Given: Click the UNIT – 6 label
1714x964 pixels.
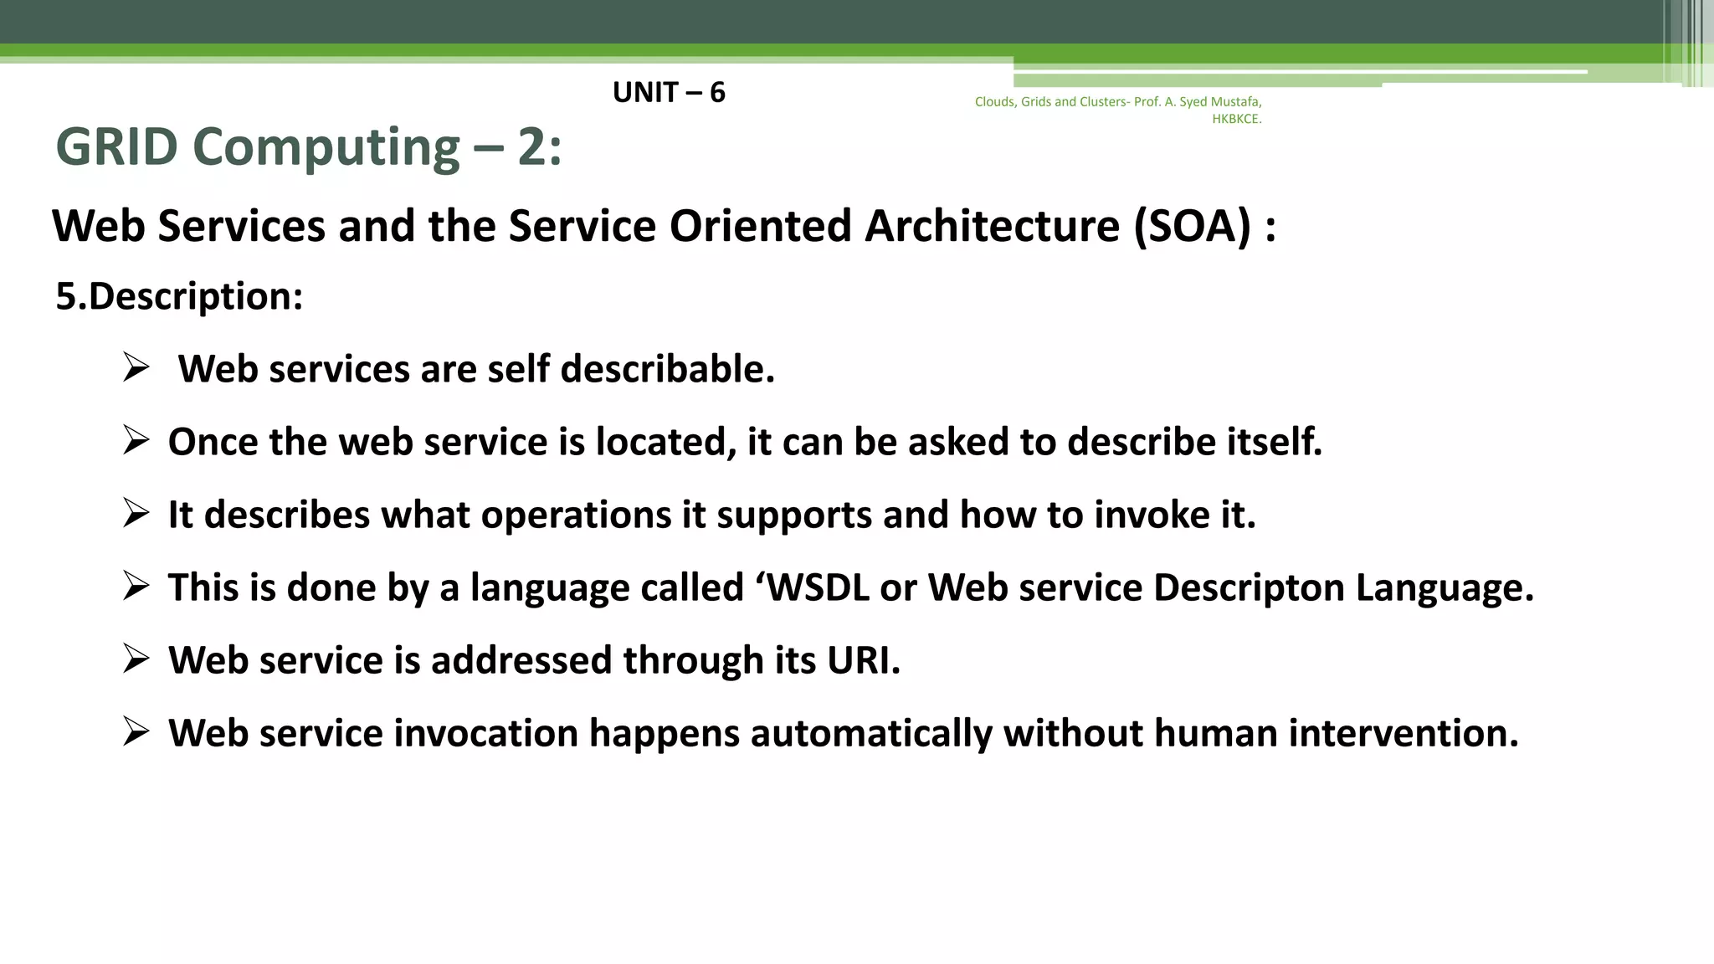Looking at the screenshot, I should click(669, 92).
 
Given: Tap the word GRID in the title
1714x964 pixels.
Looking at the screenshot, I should click(116, 147).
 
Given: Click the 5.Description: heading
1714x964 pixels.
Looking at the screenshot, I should click(179, 296).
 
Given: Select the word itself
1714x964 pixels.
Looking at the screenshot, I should click(1274, 442).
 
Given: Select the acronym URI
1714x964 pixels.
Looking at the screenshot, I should click(863, 660).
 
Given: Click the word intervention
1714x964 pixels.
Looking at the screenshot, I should click(1403, 733).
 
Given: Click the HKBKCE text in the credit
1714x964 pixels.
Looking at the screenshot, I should click(1236, 119).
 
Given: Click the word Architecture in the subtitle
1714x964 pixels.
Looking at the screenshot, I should click(992, 226).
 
